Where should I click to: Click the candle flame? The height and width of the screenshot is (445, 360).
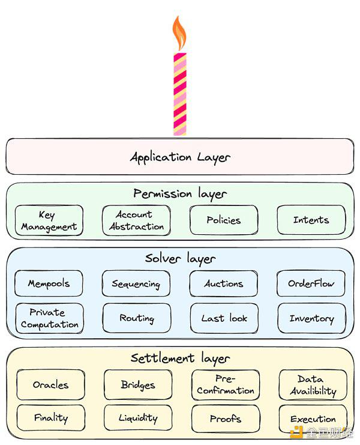(179, 34)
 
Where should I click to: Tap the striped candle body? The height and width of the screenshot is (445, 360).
(179, 93)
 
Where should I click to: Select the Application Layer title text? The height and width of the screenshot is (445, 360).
(179, 157)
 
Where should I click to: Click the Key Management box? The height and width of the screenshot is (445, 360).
(49, 220)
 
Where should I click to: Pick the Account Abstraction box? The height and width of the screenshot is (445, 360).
(136, 220)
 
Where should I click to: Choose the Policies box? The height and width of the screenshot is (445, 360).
(223, 220)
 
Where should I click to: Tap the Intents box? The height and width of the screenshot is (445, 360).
(311, 220)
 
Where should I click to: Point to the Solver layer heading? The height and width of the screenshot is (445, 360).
(179, 259)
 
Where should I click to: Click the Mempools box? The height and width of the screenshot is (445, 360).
(49, 283)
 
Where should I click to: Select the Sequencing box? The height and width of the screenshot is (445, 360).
(136, 283)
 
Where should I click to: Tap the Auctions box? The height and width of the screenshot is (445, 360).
(223, 283)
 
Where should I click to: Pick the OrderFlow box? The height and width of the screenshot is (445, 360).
(311, 283)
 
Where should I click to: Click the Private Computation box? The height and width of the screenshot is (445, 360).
(49, 318)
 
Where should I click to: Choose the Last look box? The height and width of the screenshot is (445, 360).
(224, 318)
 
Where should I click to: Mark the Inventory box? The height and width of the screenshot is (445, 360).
(311, 318)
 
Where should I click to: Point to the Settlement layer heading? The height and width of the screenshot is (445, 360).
(179, 359)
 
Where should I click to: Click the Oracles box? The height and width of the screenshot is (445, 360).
(50, 385)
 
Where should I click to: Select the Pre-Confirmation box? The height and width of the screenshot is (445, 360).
(226, 385)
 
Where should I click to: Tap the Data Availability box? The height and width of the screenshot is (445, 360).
(313, 385)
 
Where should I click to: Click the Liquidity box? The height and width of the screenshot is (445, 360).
(138, 418)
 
